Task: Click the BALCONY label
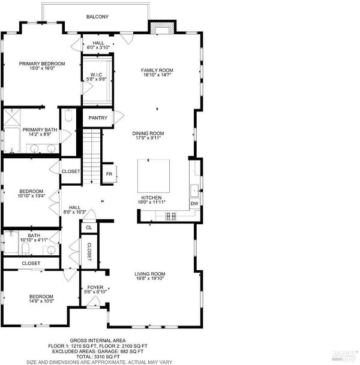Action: (x=97, y=17)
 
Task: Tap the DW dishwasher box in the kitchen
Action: (x=194, y=203)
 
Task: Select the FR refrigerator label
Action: (x=109, y=174)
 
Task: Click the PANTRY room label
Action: (x=98, y=118)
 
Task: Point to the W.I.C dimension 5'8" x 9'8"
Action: (x=96, y=79)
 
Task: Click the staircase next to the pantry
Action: (x=92, y=156)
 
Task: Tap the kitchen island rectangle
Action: (x=154, y=176)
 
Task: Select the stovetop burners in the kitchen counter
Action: (x=171, y=216)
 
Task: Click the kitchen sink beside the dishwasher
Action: (x=194, y=191)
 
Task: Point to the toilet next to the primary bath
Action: (x=68, y=115)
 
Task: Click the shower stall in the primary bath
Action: (x=12, y=117)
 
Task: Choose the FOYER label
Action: (x=95, y=288)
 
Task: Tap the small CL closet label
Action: (x=89, y=228)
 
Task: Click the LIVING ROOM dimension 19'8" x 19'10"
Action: (x=150, y=279)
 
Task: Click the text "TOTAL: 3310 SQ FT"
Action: (x=98, y=357)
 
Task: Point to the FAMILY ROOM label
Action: (x=157, y=70)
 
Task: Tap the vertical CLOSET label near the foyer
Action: (x=89, y=252)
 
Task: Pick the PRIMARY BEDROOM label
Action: (x=42, y=64)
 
